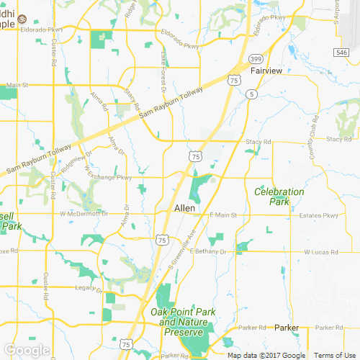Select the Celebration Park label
click(279, 197)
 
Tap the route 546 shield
click(341, 53)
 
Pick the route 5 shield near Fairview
click(251, 94)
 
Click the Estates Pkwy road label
click(320, 215)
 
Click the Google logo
click(27, 349)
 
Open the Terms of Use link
click(333, 355)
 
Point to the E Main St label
click(222, 215)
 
